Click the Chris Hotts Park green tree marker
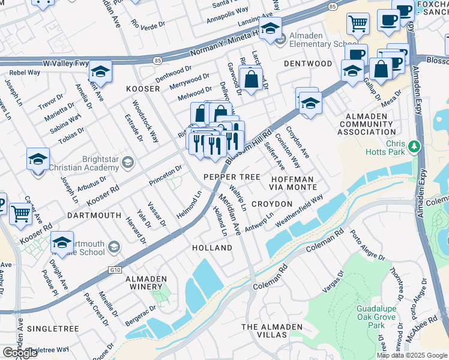point(414,146)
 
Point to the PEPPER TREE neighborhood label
point(232,177)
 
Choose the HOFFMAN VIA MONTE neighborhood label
point(292,183)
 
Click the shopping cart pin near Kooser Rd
point(21,213)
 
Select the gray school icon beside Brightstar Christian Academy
point(127,161)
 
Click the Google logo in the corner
point(20,353)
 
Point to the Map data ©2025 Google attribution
point(412,355)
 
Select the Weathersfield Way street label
point(299,210)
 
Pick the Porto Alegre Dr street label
point(367,245)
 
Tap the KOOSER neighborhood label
point(143,89)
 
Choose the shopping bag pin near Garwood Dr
point(251,78)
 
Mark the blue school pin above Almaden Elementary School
point(271,29)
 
